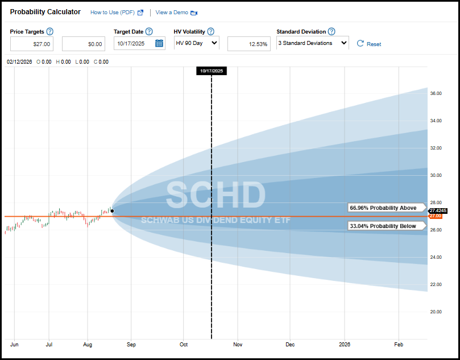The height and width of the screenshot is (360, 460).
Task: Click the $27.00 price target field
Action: click(x=32, y=44)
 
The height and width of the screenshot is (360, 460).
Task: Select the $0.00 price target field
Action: click(x=84, y=44)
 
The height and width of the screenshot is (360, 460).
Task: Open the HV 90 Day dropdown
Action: click(x=196, y=43)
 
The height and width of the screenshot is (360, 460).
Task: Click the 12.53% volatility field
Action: click(x=249, y=44)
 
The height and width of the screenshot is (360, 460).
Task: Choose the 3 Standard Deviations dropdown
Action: click(x=312, y=43)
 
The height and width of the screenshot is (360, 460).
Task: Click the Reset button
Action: click(x=369, y=44)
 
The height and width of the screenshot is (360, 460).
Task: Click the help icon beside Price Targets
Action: click(x=50, y=32)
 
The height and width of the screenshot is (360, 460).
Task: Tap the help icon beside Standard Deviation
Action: click(x=331, y=32)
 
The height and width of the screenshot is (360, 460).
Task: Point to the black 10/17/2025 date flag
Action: click(x=212, y=71)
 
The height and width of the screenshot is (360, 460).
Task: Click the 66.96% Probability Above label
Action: click(x=383, y=208)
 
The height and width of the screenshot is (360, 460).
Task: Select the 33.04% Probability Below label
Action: click(x=383, y=226)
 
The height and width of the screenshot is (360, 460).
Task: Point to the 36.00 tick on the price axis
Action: click(x=435, y=93)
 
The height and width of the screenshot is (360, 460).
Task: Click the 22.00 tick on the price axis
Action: click(x=435, y=284)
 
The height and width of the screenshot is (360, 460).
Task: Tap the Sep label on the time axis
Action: click(x=131, y=345)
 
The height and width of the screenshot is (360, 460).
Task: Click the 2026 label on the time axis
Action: click(x=345, y=345)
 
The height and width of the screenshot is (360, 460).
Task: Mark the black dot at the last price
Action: click(x=112, y=211)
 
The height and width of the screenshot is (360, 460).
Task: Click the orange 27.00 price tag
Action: click(x=435, y=216)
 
